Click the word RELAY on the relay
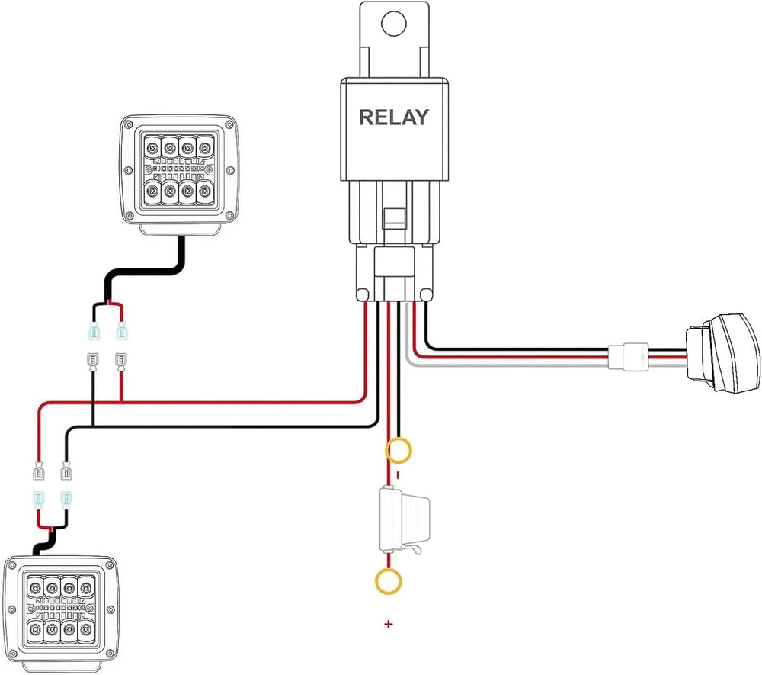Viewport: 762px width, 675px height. point(393,117)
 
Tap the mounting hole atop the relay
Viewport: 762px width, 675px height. point(393,24)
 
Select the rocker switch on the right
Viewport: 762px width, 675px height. point(721,355)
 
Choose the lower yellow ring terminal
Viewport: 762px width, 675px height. point(388,582)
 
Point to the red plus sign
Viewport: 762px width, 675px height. point(389,625)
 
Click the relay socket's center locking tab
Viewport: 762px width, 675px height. point(394,218)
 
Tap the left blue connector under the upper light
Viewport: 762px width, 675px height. point(94,333)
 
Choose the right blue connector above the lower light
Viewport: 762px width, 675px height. point(66,500)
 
